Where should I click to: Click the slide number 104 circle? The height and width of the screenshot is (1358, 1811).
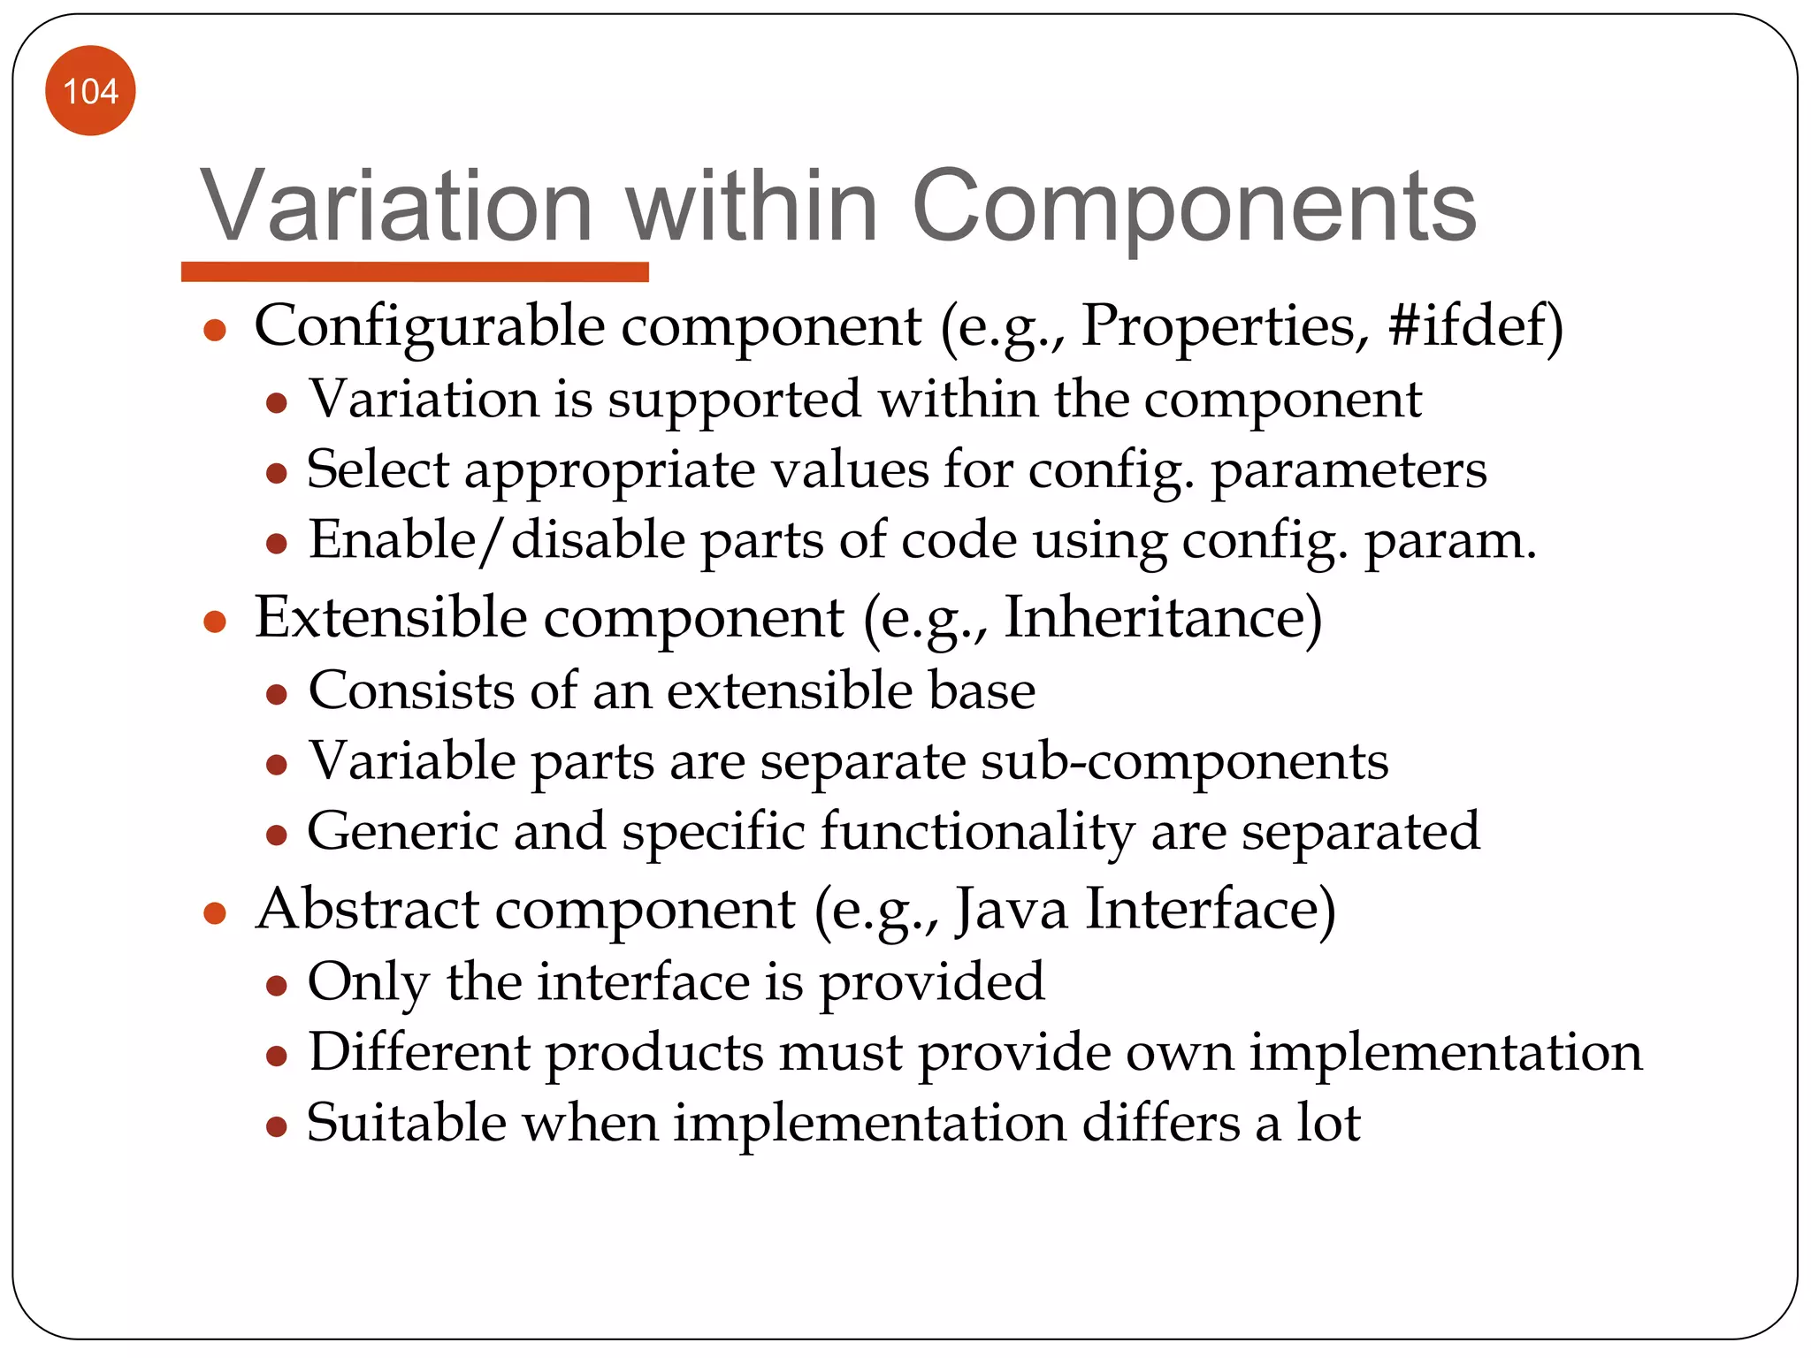coord(90,91)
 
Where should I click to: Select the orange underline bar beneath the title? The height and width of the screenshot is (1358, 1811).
coord(415,271)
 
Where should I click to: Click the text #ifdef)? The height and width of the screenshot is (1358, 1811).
coord(1475,325)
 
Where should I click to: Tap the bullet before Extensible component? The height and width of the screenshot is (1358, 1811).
coord(215,622)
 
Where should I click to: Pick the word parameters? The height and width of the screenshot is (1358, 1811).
coord(1348,470)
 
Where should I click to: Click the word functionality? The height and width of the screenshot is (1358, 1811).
coord(976,832)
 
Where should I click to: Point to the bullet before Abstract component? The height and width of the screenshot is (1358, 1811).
coord(215,912)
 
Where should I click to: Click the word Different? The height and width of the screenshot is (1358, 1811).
coord(418,1052)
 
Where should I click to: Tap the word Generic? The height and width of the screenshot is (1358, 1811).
coord(402,832)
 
